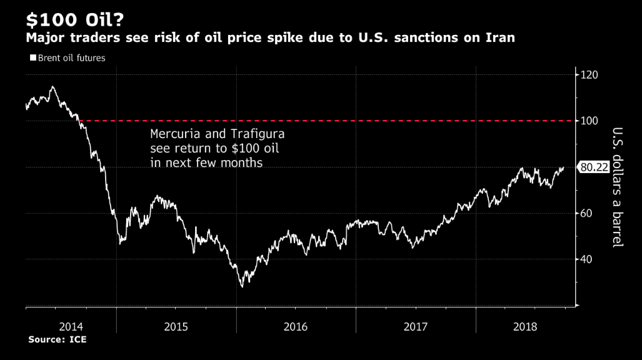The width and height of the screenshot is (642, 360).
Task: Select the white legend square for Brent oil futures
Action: click(33, 58)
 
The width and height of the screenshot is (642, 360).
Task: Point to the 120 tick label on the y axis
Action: click(589, 75)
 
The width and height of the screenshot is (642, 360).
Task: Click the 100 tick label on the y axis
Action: click(589, 121)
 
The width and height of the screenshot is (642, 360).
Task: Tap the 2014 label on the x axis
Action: click(71, 326)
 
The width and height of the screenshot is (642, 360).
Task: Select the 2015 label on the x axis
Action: click(176, 326)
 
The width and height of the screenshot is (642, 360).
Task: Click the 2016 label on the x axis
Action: click(296, 326)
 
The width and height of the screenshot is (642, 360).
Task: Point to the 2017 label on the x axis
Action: click(416, 326)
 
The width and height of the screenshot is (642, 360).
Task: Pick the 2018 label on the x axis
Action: click(524, 326)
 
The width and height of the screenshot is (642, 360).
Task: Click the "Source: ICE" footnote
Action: click(57, 340)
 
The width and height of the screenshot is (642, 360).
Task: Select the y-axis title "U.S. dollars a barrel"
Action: click(617, 187)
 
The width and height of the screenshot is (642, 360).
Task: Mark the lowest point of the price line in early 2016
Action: click(242, 286)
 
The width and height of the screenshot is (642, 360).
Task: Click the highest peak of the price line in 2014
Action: click(53, 86)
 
